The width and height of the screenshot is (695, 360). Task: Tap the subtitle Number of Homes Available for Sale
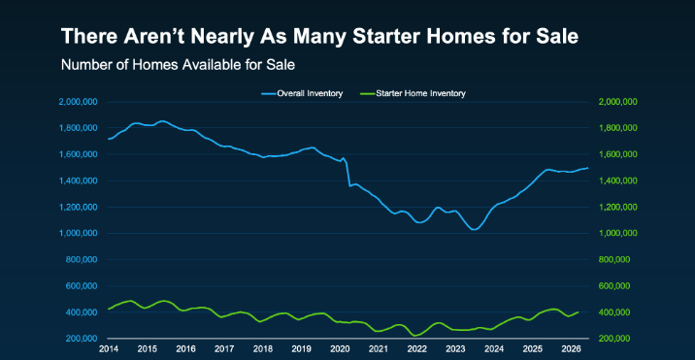[178, 65]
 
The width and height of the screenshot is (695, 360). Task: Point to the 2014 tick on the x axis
[108, 349]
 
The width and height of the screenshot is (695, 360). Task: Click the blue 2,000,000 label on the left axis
[78, 102]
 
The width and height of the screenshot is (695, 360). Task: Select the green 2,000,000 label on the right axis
[618, 102]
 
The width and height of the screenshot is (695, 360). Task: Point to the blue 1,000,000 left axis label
[78, 233]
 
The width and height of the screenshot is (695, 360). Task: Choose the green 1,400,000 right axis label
[618, 180]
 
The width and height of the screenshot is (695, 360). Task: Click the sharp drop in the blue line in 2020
[347, 174]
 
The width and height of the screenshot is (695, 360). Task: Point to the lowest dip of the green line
[414, 336]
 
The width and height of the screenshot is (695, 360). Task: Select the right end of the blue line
[587, 168]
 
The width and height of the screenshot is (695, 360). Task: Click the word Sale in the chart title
[560, 36]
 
